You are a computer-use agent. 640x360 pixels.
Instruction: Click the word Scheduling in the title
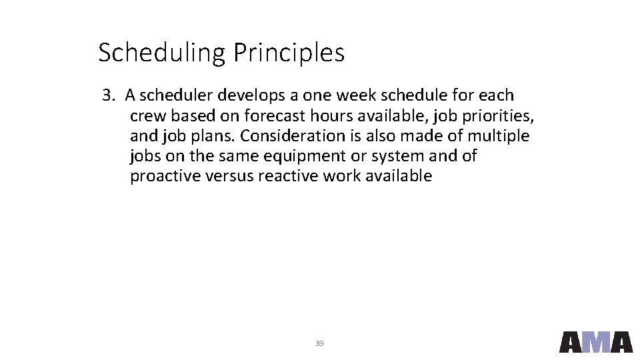click(162, 53)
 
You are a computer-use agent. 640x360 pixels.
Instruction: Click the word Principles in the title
click(289, 53)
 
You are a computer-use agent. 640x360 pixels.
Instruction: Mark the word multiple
click(498, 136)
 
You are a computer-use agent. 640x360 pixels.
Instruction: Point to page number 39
click(319, 343)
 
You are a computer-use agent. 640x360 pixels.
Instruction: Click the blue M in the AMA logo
click(596, 341)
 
